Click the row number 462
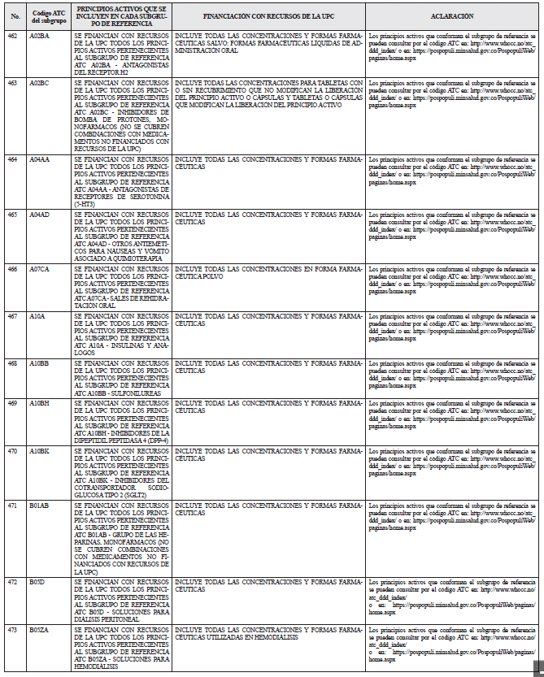click(12, 37)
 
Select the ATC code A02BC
click(39, 83)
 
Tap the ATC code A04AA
click(39, 159)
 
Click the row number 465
click(12, 214)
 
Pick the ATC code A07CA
click(39, 268)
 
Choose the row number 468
click(12, 362)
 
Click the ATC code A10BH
click(39, 403)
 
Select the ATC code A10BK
click(39, 450)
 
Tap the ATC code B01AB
click(39, 505)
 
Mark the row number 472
click(12, 582)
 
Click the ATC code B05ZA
click(39, 629)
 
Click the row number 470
click(12, 450)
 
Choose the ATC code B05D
click(37, 582)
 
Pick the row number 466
click(12, 268)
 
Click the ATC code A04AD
click(39, 214)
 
